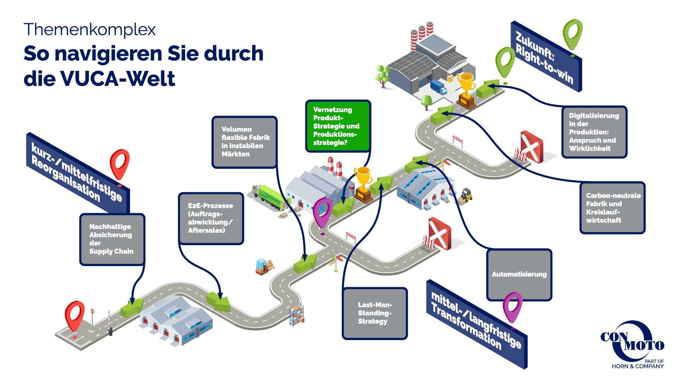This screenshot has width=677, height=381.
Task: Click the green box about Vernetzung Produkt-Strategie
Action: [337, 126]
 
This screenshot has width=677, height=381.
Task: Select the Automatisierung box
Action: [519, 274]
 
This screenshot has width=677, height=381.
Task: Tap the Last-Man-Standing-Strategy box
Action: [374, 313]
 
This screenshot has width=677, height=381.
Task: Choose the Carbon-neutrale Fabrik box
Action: [612, 208]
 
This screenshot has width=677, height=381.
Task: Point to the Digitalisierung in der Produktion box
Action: [594, 132]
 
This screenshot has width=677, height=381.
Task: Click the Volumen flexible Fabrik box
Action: [244, 142]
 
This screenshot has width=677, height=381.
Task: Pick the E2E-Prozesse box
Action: [211, 218]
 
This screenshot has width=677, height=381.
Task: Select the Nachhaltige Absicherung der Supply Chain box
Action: [112, 239]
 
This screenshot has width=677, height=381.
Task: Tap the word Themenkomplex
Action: [90, 30]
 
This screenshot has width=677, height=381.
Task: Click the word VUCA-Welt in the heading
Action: [118, 78]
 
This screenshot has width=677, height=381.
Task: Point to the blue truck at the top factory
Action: [438, 87]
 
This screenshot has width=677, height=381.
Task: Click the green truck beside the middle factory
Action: [270, 197]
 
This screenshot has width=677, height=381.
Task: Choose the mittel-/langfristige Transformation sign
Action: [476, 323]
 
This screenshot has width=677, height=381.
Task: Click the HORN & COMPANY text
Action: [638, 367]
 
